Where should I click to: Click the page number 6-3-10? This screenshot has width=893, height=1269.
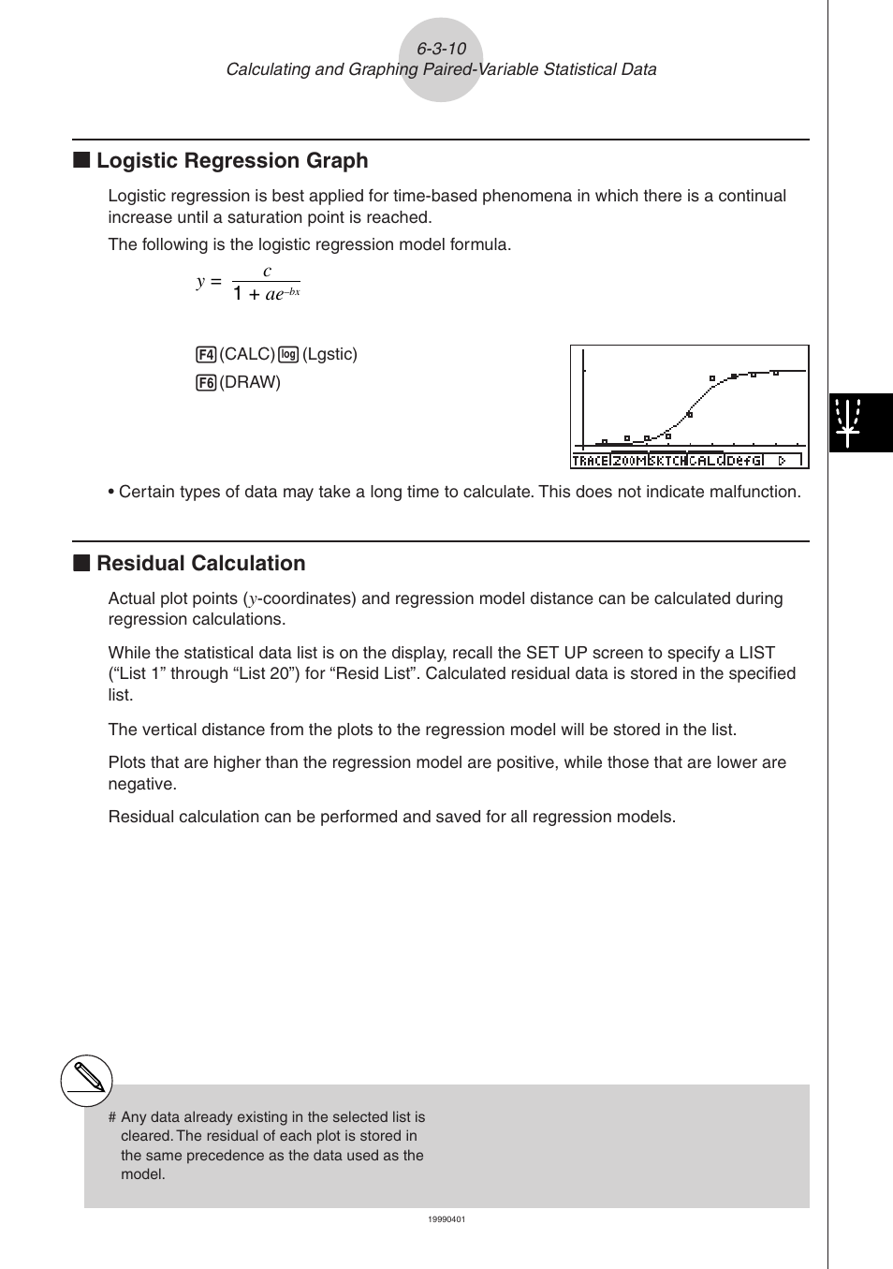point(441,49)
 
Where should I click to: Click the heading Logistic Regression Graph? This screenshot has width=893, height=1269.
point(232,161)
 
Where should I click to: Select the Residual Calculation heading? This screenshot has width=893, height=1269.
point(200,564)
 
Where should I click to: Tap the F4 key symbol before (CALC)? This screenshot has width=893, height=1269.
point(206,355)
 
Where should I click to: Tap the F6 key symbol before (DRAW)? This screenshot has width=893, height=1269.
point(206,383)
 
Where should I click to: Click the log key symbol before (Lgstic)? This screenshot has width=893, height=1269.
point(288,355)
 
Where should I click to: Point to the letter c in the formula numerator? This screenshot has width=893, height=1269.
point(267,272)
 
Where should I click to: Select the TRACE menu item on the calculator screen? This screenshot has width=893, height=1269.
point(590,461)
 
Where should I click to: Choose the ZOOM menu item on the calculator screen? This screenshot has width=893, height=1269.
point(629,461)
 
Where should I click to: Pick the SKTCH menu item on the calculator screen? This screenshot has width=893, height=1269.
point(667,461)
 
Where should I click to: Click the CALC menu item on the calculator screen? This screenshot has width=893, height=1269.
point(706,461)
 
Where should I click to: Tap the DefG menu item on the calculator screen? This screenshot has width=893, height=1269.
point(745,461)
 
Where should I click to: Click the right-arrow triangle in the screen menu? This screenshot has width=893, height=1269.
point(783,461)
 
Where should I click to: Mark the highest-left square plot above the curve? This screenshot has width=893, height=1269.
point(712,378)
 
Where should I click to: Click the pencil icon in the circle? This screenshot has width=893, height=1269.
point(87,1081)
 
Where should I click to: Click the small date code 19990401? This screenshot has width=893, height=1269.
point(446,1219)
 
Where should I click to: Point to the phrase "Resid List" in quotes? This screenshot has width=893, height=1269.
point(373,674)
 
